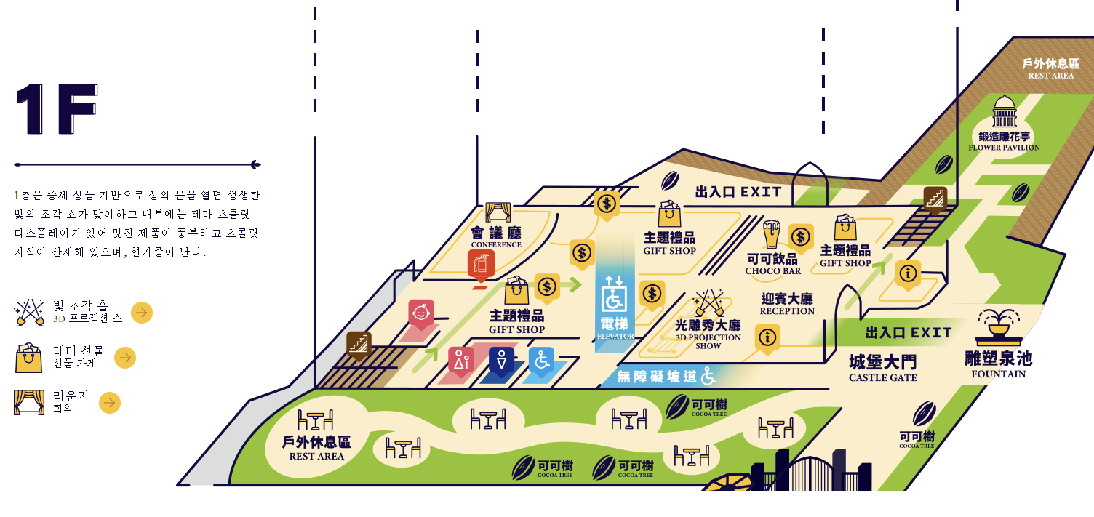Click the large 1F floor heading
57,110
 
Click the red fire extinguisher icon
481,265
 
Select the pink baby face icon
421,313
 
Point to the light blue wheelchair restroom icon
541,360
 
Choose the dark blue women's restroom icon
501,360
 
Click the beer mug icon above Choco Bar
771,234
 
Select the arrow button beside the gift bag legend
125,358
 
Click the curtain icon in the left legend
29,402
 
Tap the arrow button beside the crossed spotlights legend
142,313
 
